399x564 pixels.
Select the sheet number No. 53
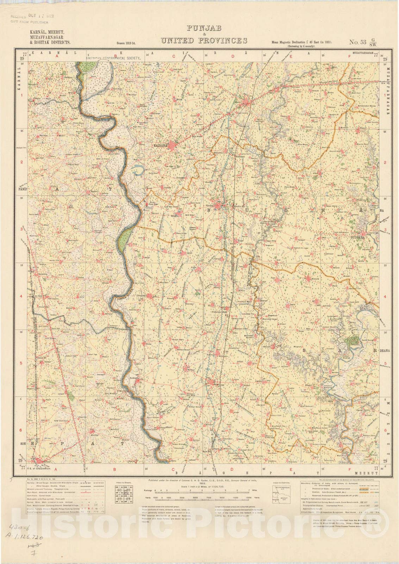357,42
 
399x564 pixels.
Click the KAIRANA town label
161,145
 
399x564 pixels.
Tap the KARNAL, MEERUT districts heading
47,37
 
